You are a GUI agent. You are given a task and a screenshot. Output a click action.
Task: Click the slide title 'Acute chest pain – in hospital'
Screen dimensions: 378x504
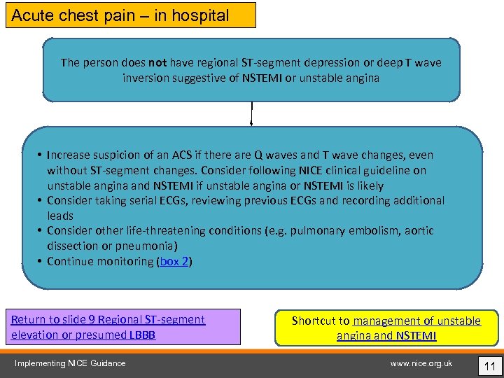[120, 15]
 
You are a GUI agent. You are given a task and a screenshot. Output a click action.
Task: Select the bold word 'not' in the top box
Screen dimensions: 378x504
[157, 63]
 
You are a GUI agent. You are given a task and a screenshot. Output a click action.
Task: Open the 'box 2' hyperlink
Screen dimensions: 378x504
[174, 262]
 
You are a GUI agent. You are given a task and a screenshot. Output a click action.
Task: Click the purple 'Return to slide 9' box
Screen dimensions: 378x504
[125, 327]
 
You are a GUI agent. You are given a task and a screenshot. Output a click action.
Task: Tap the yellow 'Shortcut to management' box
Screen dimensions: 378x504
[386, 328]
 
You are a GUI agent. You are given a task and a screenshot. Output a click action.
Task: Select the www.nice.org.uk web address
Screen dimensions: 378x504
[421, 363]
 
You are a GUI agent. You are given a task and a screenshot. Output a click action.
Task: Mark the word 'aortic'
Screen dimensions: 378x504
[418, 231]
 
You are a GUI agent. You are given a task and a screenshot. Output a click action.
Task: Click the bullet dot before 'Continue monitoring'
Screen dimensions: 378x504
[40, 262]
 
